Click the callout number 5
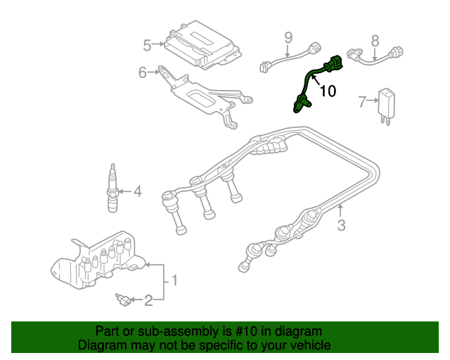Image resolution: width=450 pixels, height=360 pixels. click(147, 45)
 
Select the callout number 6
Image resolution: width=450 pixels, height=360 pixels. click(143, 72)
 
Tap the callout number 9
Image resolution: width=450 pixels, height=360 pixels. click(288, 37)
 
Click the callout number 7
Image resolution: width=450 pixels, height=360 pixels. click(362, 102)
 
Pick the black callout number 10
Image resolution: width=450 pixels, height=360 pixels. click(328, 91)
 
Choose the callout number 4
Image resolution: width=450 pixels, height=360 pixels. click(137, 191)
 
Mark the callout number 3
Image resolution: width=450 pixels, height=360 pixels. click(341, 225)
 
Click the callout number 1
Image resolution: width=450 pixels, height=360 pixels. click(174, 281)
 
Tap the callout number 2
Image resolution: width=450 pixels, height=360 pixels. click(148, 301)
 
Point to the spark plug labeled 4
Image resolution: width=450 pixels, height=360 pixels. click(112, 188)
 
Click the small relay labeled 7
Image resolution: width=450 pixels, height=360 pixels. click(387, 103)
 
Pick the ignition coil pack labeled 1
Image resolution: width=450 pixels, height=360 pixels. click(98, 260)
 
